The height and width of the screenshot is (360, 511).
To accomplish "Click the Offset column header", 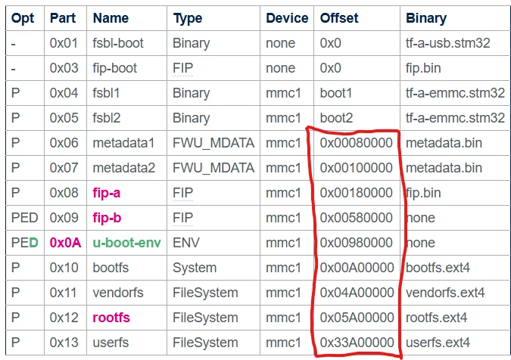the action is pyautogui.click(x=339, y=18).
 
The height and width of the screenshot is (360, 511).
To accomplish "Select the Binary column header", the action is pyautogui.click(x=426, y=19).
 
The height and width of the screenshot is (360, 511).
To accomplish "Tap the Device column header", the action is pyautogui.click(x=287, y=18).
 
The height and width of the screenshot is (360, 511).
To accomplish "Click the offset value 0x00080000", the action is pyautogui.click(x=357, y=143).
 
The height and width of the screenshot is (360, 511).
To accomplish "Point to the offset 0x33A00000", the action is pyautogui.click(x=357, y=343).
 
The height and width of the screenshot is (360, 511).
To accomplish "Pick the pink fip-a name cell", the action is pyautogui.click(x=107, y=193).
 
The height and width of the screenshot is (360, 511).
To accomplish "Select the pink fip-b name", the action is pyautogui.click(x=107, y=218).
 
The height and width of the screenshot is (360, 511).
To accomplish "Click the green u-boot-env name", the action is pyautogui.click(x=126, y=243).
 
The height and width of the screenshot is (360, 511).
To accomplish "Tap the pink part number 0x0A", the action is pyautogui.click(x=65, y=243).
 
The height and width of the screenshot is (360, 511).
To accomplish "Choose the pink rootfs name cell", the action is pyautogui.click(x=111, y=318).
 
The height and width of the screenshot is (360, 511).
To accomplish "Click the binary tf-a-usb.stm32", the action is pyautogui.click(x=447, y=43).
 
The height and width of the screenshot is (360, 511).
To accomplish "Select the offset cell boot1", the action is pyautogui.click(x=336, y=93).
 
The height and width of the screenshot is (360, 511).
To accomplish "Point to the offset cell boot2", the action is pyautogui.click(x=336, y=118).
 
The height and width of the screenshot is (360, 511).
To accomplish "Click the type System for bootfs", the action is pyautogui.click(x=195, y=268).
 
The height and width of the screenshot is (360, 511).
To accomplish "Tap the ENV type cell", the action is pyautogui.click(x=186, y=243).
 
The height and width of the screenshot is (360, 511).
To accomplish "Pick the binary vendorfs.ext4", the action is pyautogui.click(x=445, y=293).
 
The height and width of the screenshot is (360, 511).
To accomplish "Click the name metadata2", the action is pyautogui.click(x=124, y=168).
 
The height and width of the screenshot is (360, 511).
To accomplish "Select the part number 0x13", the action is pyautogui.click(x=64, y=343).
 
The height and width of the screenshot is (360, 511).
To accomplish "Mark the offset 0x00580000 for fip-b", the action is pyautogui.click(x=357, y=218).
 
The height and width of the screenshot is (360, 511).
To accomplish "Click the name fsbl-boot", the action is pyautogui.click(x=118, y=43).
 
